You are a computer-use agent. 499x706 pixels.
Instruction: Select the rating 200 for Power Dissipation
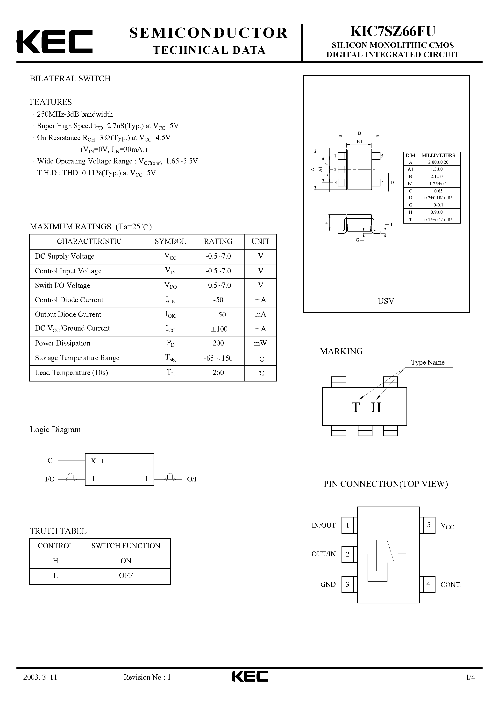coord(218,343)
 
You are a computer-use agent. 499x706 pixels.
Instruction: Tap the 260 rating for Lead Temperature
coord(218,373)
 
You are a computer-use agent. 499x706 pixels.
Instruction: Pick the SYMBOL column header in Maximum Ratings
coord(170,241)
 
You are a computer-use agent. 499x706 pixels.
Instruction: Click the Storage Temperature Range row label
coord(77,358)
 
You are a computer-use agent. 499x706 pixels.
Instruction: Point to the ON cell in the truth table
coord(126,561)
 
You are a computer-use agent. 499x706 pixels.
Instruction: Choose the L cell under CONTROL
coord(55,576)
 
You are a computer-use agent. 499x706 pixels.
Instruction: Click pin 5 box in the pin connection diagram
coord(428,525)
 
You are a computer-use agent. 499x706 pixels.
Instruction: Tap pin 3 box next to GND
coord(348,585)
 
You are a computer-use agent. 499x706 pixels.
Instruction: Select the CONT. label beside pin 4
coord(451,585)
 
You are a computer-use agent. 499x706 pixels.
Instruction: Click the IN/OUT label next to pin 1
coord(323,525)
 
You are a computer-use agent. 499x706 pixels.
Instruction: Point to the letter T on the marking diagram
coord(356,407)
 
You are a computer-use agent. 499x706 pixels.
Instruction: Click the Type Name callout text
coord(428,362)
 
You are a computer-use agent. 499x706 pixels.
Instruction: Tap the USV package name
coord(386,301)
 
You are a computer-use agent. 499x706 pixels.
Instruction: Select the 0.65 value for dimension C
coord(438,191)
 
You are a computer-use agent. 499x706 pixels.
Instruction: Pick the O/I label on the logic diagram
coord(192,479)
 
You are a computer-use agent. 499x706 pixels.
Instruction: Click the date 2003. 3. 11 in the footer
coord(40,686)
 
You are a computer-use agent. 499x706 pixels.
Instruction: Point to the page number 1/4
coord(470,686)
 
